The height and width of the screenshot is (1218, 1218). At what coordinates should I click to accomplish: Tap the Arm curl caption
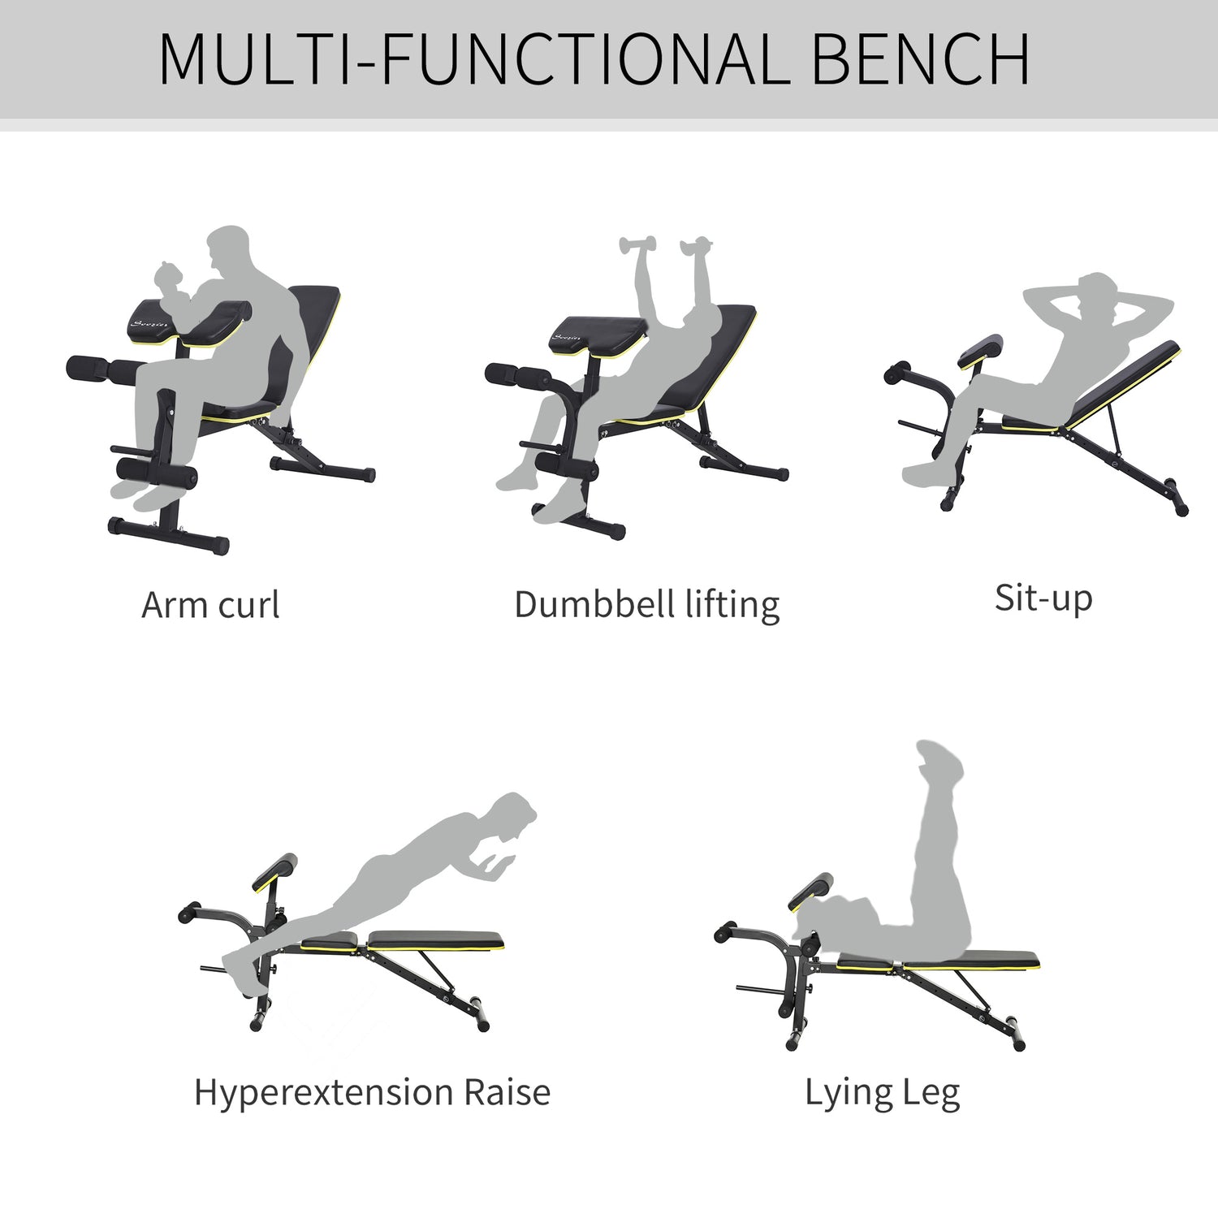click(x=210, y=605)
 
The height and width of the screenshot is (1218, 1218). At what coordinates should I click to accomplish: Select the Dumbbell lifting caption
click(x=646, y=605)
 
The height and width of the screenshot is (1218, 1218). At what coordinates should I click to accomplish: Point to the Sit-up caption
click(x=1043, y=598)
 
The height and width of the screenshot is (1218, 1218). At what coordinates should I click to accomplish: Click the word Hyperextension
click(x=322, y=1093)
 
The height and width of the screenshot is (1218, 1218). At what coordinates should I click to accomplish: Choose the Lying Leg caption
click(x=882, y=1093)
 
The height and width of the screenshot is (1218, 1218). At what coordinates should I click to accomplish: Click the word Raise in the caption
click(x=507, y=1092)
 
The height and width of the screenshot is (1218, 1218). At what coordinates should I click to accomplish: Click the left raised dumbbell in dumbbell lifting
click(x=637, y=245)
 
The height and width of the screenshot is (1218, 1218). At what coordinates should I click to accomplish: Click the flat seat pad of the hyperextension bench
click(x=435, y=940)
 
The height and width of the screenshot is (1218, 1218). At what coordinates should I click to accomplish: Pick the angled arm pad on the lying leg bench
click(x=810, y=892)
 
